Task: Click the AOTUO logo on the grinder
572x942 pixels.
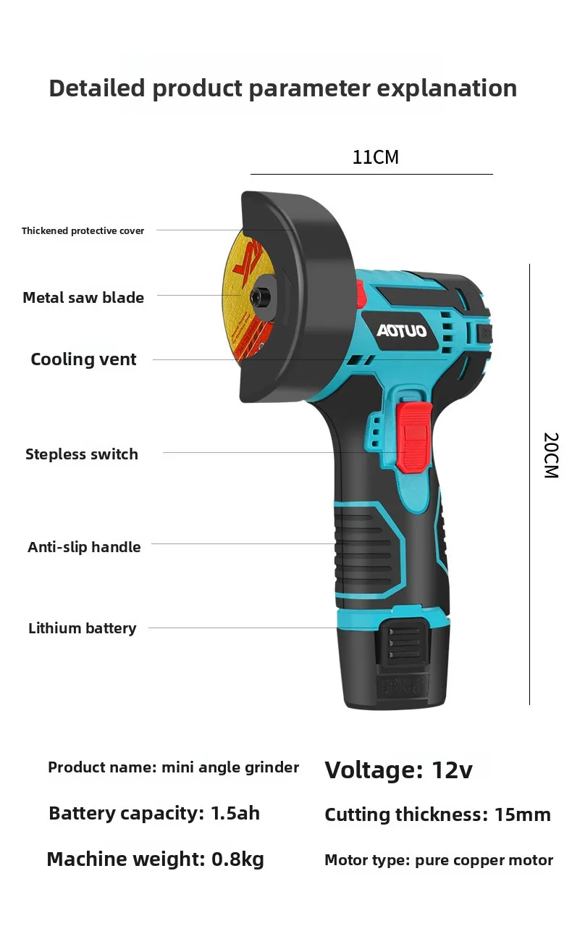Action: pos(401,331)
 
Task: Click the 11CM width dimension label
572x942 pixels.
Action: pos(375,157)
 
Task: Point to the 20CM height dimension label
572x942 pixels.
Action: pos(551,455)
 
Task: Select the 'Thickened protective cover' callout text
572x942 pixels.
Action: pos(83,230)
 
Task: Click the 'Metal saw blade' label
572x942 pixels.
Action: pos(83,297)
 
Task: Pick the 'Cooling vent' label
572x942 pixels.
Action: pos(83,359)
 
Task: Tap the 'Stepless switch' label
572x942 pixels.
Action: pos(82,454)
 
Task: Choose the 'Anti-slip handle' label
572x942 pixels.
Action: pos(84,546)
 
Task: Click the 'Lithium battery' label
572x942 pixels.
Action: pos(83,628)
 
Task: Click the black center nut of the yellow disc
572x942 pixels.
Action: pos(256,296)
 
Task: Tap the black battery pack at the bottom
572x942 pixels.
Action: pos(394,664)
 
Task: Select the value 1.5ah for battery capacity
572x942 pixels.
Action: pos(235,813)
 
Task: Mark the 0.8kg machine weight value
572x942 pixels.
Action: pos(237,859)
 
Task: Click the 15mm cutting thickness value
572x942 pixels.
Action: pos(523,814)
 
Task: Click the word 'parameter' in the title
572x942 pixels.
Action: pos(310,88)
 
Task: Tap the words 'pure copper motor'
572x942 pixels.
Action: pos(484,860)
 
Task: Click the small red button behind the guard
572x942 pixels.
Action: pos(361,294)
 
